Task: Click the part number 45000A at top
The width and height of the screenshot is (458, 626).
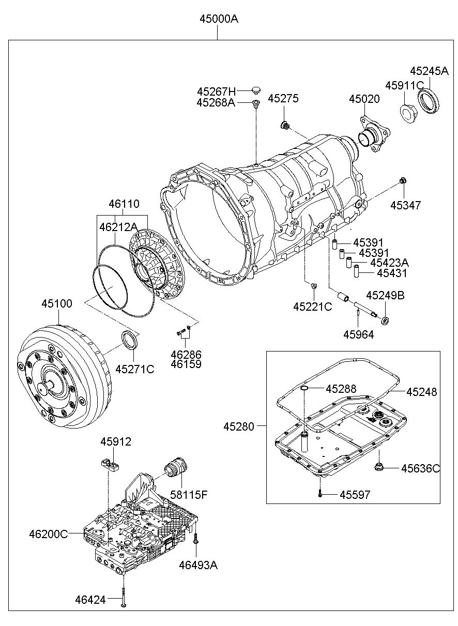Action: click(219, 19)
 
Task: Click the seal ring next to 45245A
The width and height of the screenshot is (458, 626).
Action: click(428, 100)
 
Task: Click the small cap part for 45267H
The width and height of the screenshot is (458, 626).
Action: click(254, 90)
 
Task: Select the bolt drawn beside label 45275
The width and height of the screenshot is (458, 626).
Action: click(284, 125)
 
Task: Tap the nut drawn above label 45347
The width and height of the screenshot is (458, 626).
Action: click(403, 180)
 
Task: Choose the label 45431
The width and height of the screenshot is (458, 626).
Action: click(391, 273)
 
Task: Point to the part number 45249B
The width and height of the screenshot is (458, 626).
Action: click(385, 296)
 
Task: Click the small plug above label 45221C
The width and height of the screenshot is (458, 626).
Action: click(314, 286)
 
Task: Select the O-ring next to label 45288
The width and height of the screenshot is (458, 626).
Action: click(305, 388)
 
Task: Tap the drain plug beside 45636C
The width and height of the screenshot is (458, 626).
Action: click(379, 468)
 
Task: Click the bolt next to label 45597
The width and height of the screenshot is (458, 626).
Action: click(320, 494)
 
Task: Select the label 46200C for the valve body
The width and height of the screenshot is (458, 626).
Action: click(48, 534)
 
